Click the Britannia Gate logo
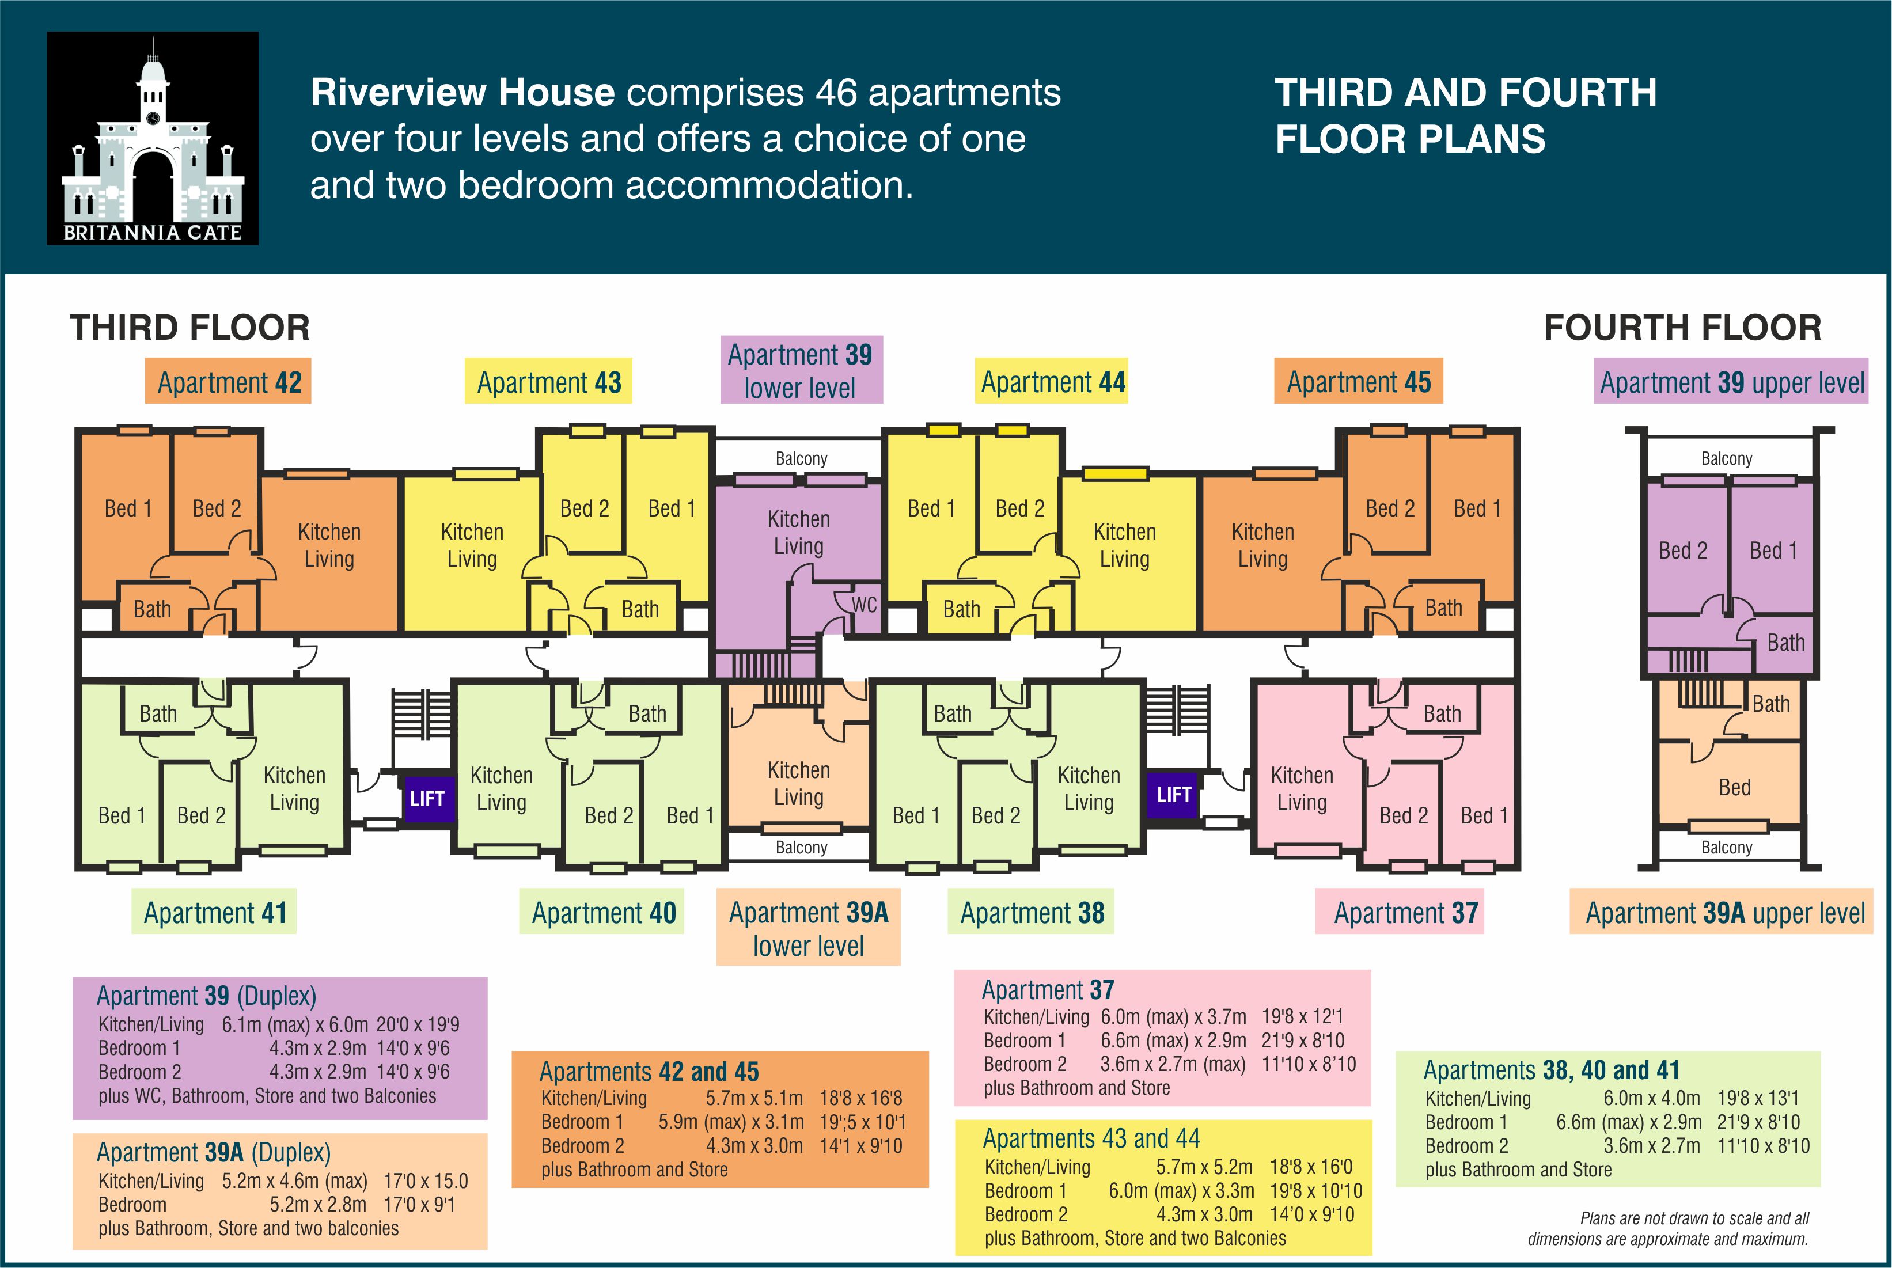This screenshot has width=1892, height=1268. coord(153,138)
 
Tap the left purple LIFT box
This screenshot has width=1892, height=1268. coord(427,798)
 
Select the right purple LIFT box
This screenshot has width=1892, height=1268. coord(1174,794)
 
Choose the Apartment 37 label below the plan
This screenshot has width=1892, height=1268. coord(1406,912)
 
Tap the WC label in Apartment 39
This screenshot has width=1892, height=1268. coord(864,604)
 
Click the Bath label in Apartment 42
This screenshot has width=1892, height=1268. coord(152,609)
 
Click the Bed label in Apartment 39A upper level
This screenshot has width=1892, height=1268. coord(1734,787)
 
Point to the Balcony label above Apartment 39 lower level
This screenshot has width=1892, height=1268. coord(801,458)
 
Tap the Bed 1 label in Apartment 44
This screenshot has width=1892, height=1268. coord(931,508)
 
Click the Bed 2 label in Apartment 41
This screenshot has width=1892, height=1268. coord(200,815)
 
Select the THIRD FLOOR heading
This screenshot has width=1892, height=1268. coord(190,328)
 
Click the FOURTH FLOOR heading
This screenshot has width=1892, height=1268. coord(1682,328)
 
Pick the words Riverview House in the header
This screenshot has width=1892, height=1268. coord(462,92)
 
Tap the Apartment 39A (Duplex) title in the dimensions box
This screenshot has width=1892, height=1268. coord(214,1152)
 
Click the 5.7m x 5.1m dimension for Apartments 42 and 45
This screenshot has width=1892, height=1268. coord(754,1098)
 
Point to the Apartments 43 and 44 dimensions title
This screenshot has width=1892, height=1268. coord(1091,1138)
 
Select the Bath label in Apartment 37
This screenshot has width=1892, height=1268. coord(1442,713)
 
